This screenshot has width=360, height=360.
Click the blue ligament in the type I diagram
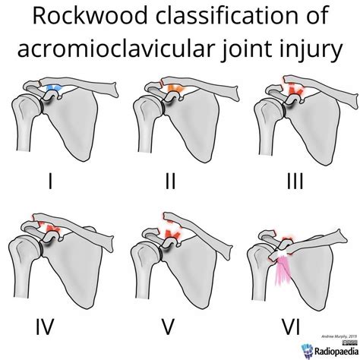[53, 89]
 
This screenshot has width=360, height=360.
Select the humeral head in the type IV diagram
[22, 248]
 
